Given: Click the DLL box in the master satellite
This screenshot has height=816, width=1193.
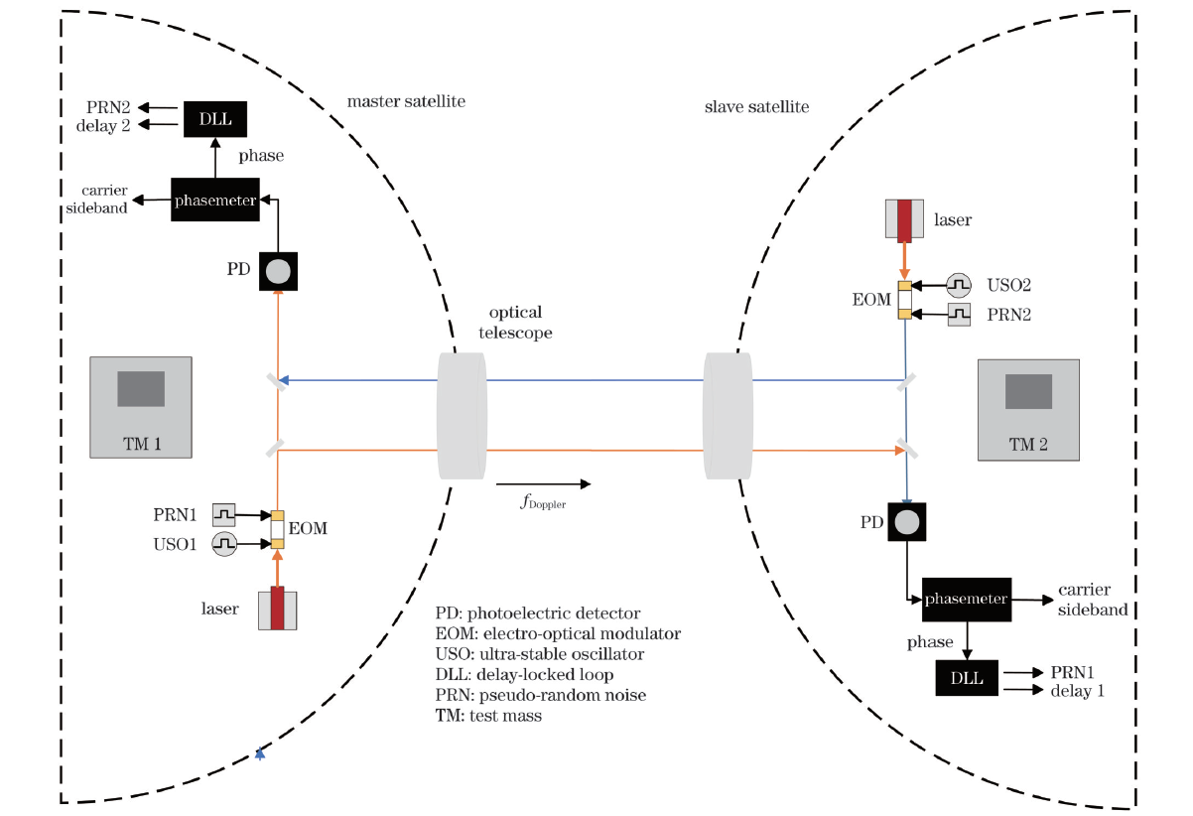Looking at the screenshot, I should [215, 119].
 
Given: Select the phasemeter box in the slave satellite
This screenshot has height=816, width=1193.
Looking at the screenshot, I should [966, 599].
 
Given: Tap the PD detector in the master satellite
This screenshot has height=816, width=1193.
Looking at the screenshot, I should [278, 270].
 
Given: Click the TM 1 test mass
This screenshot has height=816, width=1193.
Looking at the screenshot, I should [140, 406].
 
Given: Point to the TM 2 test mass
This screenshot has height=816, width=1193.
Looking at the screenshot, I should [1027, 410].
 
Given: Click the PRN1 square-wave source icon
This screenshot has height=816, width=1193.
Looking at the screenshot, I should [224, 514].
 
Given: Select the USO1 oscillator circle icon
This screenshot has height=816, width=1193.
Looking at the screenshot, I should [224, 543].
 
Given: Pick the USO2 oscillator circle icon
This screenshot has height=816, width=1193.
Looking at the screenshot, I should [959, 285].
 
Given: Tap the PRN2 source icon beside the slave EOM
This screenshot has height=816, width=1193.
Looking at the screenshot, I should [959, 315].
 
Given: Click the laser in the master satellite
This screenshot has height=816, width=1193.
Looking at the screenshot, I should [277, 608].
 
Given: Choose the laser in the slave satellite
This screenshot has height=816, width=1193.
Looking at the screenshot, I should [904, 220].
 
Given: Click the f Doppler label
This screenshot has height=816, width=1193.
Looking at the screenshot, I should [543, 502].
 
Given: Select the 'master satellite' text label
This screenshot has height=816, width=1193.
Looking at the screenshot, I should [406, 101].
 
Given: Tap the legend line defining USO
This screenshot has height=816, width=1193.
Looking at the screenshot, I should [540, 654].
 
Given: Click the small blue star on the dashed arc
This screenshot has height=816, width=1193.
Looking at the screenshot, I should [260, 754].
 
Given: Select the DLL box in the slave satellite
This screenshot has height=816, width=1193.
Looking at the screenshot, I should [966, 677].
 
